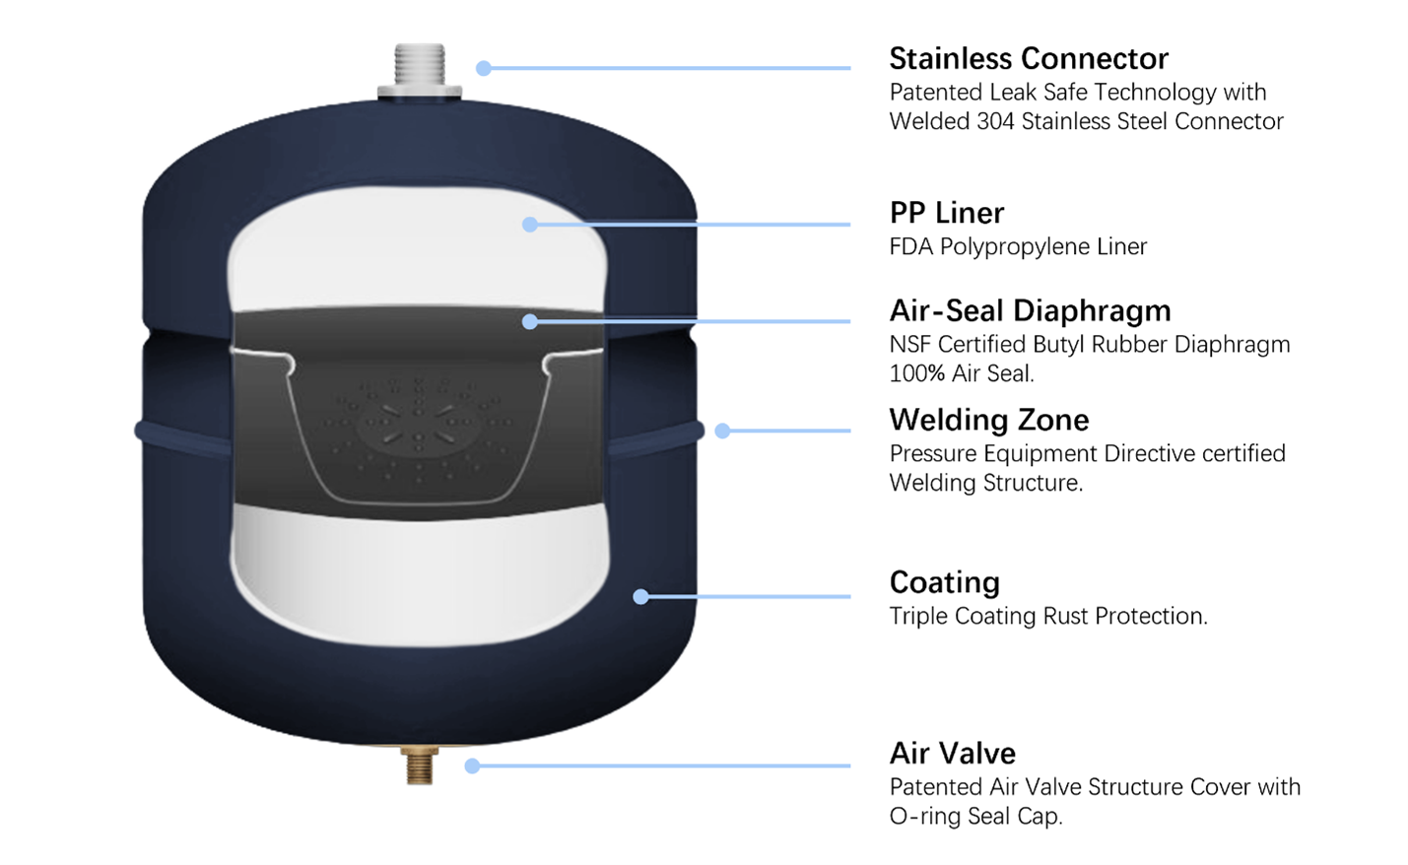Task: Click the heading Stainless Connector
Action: pyautogui.click(x=1029, y=58)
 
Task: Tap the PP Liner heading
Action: pyautogui.click(x=947, y=213)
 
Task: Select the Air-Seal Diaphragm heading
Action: pyautogui.click(x=1031, y=310)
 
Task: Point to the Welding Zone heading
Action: pyautogui.click(x=989, y=420)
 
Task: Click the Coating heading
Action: pyautogui.click(x=945, y=583)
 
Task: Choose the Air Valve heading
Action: pyautogui.click(x=952, y=753)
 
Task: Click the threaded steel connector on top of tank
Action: pyautogui.click(x=420, y=70)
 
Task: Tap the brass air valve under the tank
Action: pyautogui.click(x=420, y=765)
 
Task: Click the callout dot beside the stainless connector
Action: pyautogui.click(x=484, y=68)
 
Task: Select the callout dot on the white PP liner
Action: pyautogui.click(x=530, y=224)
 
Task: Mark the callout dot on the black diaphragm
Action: pyautogui.click(x=530, y=321)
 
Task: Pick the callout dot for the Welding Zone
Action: pyautogui.click(x=723, y=431)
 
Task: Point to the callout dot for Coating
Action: pyautogui.click(x=640, y=597)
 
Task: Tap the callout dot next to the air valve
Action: pyautogui.click(x=472, y=765)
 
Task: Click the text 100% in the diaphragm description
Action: pyautogui.click(x=917, y=373)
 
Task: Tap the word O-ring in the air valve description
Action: pyautogui.click(x=924, y=817)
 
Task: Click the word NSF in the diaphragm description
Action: pyautogui.click(x=910, y=345)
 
